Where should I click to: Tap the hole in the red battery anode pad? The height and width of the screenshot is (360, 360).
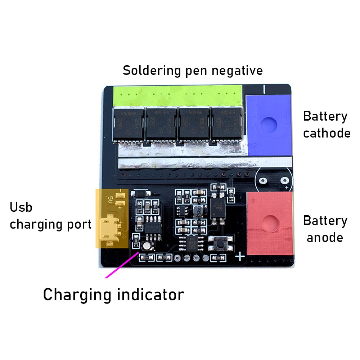[x=268, y=223]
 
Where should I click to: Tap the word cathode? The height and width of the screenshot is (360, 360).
[x=327, y=133]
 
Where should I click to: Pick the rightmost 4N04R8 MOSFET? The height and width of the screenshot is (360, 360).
[x=226, y=124]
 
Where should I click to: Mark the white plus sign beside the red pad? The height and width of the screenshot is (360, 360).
[x=240, y=256]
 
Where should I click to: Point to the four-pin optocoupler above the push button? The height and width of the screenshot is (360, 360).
[x=218, y=207]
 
